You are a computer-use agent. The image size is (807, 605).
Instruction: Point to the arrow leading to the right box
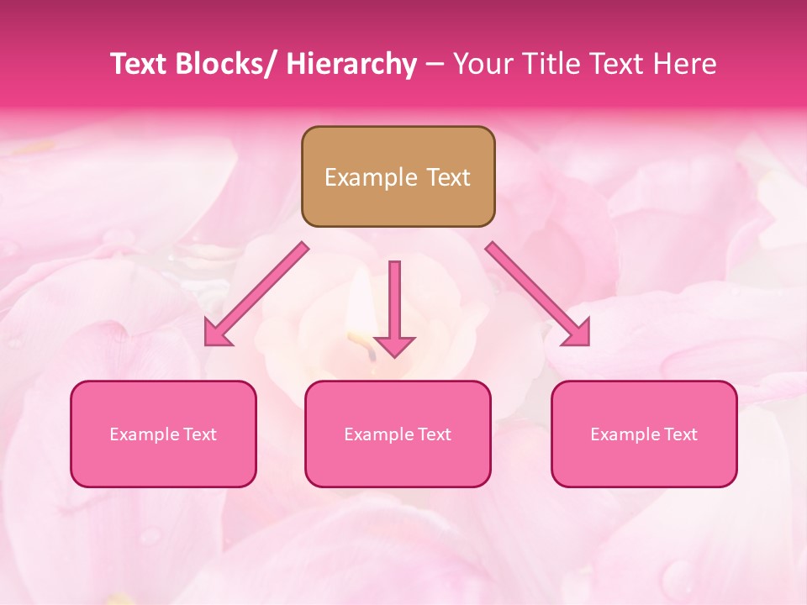(533, 291)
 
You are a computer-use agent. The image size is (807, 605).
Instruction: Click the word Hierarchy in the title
(351, 64)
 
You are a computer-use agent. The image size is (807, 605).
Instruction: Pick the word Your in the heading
(478, 64)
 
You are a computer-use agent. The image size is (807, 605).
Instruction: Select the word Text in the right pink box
(680, 434)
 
